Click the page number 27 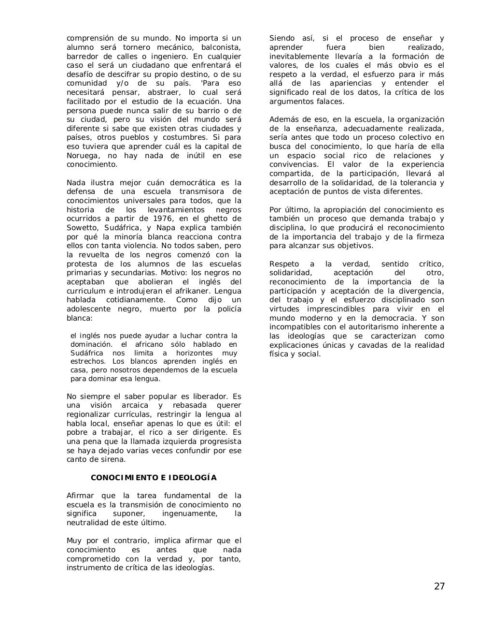click(x=439, y=587)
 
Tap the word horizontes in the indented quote click(x=178, y=353)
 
